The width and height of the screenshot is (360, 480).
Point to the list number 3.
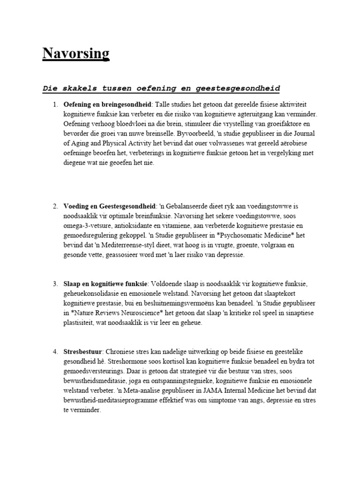pyautogui.click(x=55, y=284)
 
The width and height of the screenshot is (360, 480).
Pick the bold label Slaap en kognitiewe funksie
pyautogui.click(x=105, y=284)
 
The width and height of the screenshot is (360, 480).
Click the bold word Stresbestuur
pyautogui.click(x=82, y=351)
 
